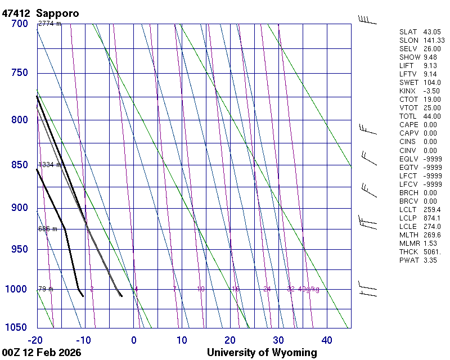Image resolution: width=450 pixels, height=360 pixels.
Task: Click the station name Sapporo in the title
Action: (x=57, y=12)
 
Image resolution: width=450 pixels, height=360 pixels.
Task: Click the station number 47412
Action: (x=16, y=12)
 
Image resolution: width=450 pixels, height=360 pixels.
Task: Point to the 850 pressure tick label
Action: (x=20, y=165)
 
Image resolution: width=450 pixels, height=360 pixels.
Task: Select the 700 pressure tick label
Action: (x=20, y=24)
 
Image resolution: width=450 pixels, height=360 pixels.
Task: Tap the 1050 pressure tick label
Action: (x=17, y=328)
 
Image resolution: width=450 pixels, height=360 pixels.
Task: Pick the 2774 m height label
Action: (x=49, y=24)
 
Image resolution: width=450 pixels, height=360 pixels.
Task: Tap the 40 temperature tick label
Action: (x=327, y=340)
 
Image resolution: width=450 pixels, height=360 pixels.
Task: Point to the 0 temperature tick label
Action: (x=134, y=340)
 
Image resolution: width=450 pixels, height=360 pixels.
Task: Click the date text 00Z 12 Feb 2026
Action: (x=42, y=353)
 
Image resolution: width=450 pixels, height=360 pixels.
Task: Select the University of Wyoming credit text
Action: (x=262, y=353)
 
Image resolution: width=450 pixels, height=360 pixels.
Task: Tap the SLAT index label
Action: (x=408, y=32)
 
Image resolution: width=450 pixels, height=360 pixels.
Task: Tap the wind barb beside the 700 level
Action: (x=367, y=20)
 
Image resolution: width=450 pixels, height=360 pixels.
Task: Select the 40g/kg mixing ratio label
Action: (x=309, y=289)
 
